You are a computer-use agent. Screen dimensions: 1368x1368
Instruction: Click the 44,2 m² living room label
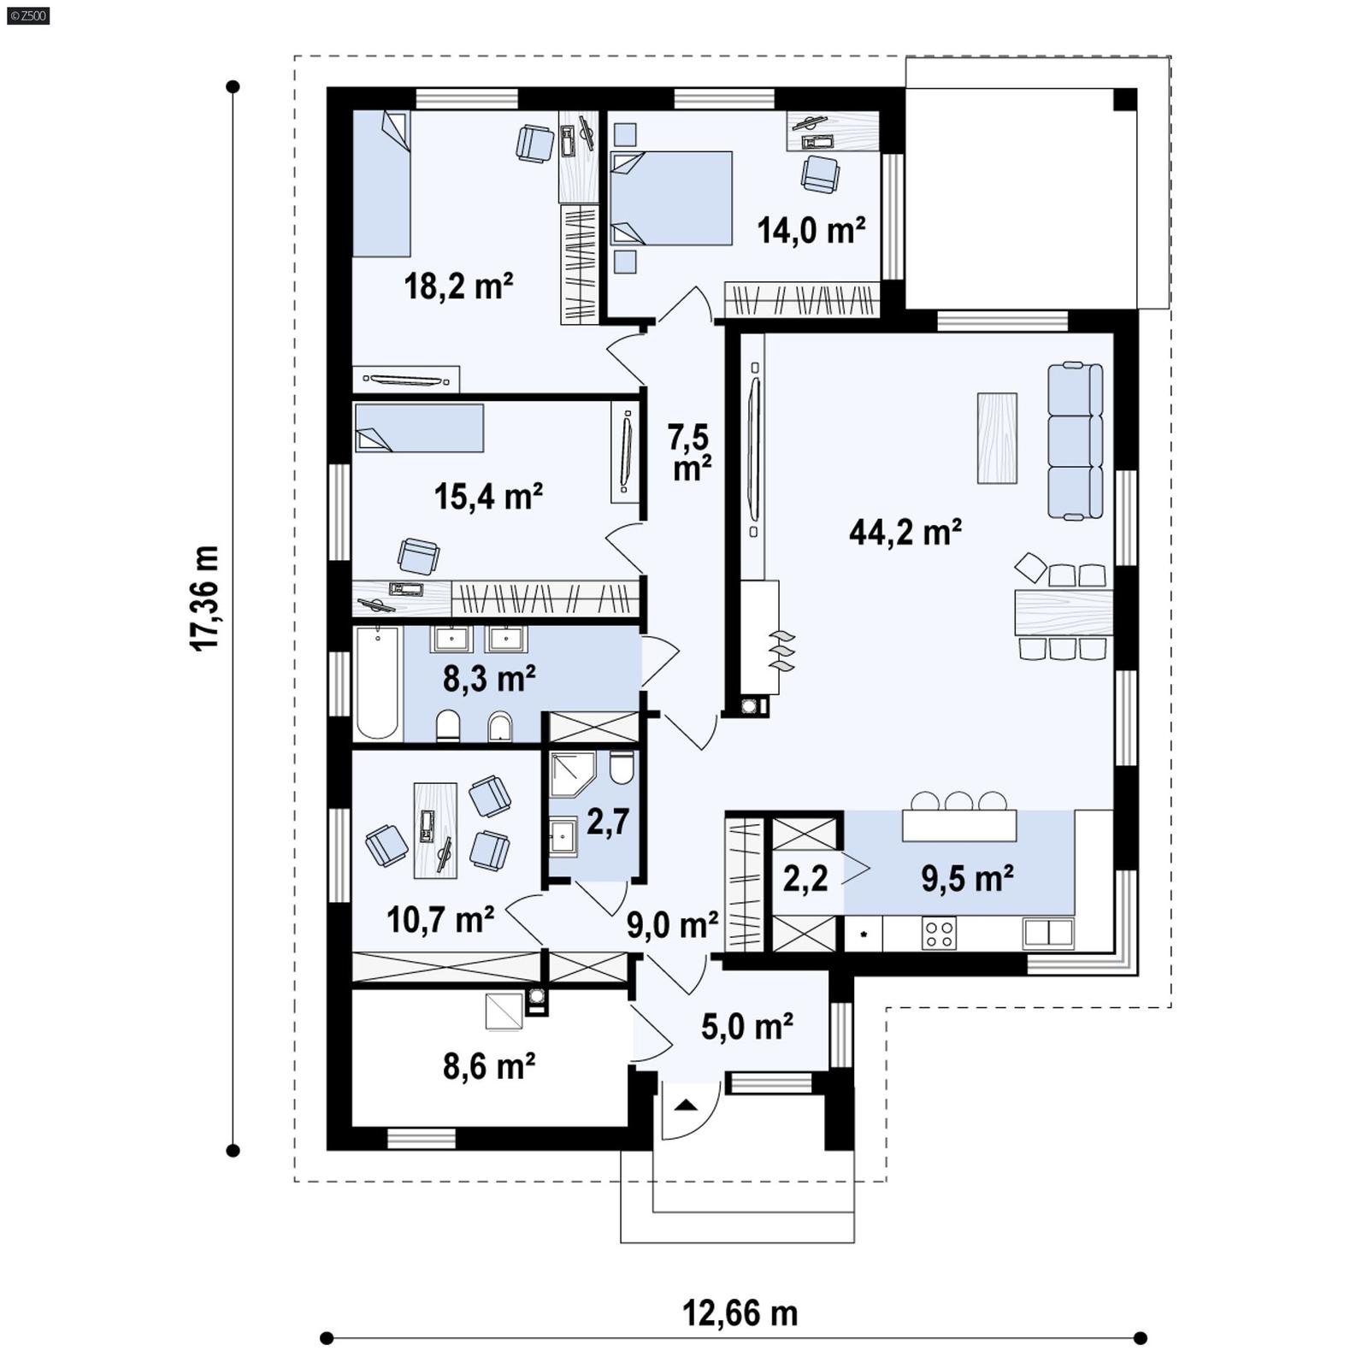(905, 532)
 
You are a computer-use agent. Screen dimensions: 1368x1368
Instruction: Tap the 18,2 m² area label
(458, 286)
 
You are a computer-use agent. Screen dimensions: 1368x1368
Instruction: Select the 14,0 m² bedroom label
(811, 230)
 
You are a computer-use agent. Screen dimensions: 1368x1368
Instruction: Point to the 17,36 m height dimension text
(205, 598)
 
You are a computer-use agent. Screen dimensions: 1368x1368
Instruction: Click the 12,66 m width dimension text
(740, 1313)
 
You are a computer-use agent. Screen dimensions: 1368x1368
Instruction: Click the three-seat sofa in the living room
(1075, 441)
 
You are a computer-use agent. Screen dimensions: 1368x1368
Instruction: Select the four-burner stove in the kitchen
(939, 932)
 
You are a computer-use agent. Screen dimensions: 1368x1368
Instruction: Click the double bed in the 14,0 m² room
(672, 198)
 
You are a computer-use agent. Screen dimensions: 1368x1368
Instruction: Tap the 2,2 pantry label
(805, 878)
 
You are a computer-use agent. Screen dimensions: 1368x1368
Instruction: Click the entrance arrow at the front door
(686, 1106)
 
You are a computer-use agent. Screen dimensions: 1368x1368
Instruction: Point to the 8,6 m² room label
(489, 1066)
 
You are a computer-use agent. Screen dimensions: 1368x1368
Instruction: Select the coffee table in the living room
(997, 438)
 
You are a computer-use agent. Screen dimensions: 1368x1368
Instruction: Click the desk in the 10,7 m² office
(435, 830)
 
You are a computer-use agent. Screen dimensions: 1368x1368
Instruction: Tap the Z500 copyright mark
(27, 15)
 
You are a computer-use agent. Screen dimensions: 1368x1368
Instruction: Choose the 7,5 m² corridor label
(690, 452)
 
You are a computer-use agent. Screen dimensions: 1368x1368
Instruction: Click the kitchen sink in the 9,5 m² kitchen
(1047, 932)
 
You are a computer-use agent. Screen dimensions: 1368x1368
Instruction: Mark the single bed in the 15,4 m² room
(419, 427)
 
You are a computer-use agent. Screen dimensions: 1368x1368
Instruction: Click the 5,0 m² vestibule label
(746, 1027)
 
